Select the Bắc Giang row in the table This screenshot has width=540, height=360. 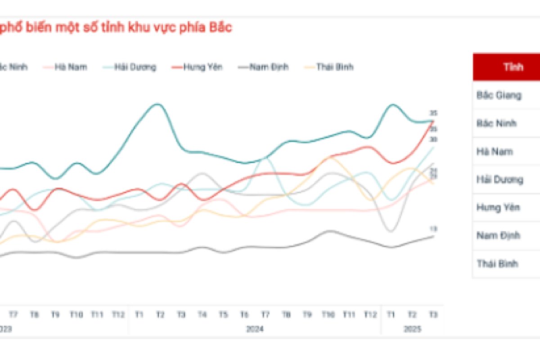tap(499, 95)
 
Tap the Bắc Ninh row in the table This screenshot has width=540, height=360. tap(497, 123)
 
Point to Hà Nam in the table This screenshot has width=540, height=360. tap(495, 152)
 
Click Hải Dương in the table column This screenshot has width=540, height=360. tap(499, 180)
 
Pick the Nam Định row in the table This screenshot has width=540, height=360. tap(498, 235)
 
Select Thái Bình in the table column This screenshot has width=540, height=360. tap(497, 264)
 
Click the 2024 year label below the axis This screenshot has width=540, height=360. tap(255, 329)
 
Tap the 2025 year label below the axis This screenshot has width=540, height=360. tap(412, 329)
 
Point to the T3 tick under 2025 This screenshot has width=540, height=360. tap(433, 315)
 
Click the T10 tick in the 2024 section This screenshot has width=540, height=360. tap(328, 315)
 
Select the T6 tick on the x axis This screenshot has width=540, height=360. tap(244, 315)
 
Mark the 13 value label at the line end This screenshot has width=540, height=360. tap(433, 229)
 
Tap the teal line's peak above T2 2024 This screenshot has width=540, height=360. tap(157, 104)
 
